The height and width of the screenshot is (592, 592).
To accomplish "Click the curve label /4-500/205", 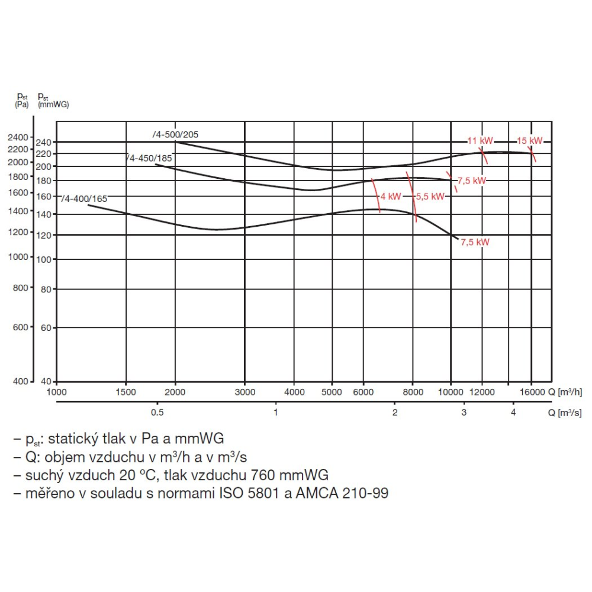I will point(176,134).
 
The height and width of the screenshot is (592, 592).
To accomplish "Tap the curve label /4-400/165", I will point(85,199).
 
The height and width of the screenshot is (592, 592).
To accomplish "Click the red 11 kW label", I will point(480,141).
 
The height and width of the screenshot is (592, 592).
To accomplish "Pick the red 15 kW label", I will point(530,141).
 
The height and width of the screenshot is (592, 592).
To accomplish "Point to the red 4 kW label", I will point(391,196).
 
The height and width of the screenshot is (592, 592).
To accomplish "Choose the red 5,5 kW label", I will point(430,197).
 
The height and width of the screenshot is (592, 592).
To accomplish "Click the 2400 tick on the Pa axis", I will point(18,137).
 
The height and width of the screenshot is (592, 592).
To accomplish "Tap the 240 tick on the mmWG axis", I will point(44,142).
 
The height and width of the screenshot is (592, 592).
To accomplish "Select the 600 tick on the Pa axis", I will point(21,327).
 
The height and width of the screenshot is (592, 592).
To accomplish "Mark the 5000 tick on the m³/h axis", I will point(332,392).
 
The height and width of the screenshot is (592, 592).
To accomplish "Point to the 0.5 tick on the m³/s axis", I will point(157,412).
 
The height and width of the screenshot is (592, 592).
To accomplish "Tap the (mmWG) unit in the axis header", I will point(53,105).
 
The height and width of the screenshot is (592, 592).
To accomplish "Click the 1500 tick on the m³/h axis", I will point(126,392).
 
